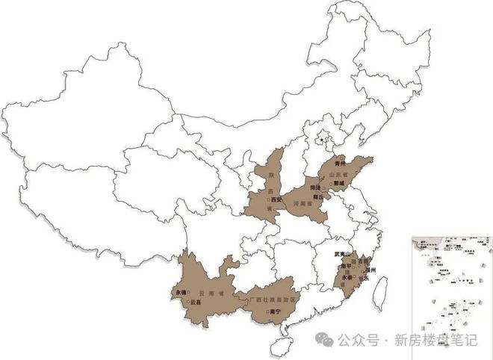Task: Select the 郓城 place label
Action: (x=341, y=181)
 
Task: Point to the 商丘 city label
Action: (x=317, y=196)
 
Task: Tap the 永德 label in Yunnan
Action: (x=179, y=292)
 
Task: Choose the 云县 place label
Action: (x=196, y=302)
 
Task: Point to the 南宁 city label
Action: (x=274, y=322)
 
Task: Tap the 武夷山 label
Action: (x=343, y=254)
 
